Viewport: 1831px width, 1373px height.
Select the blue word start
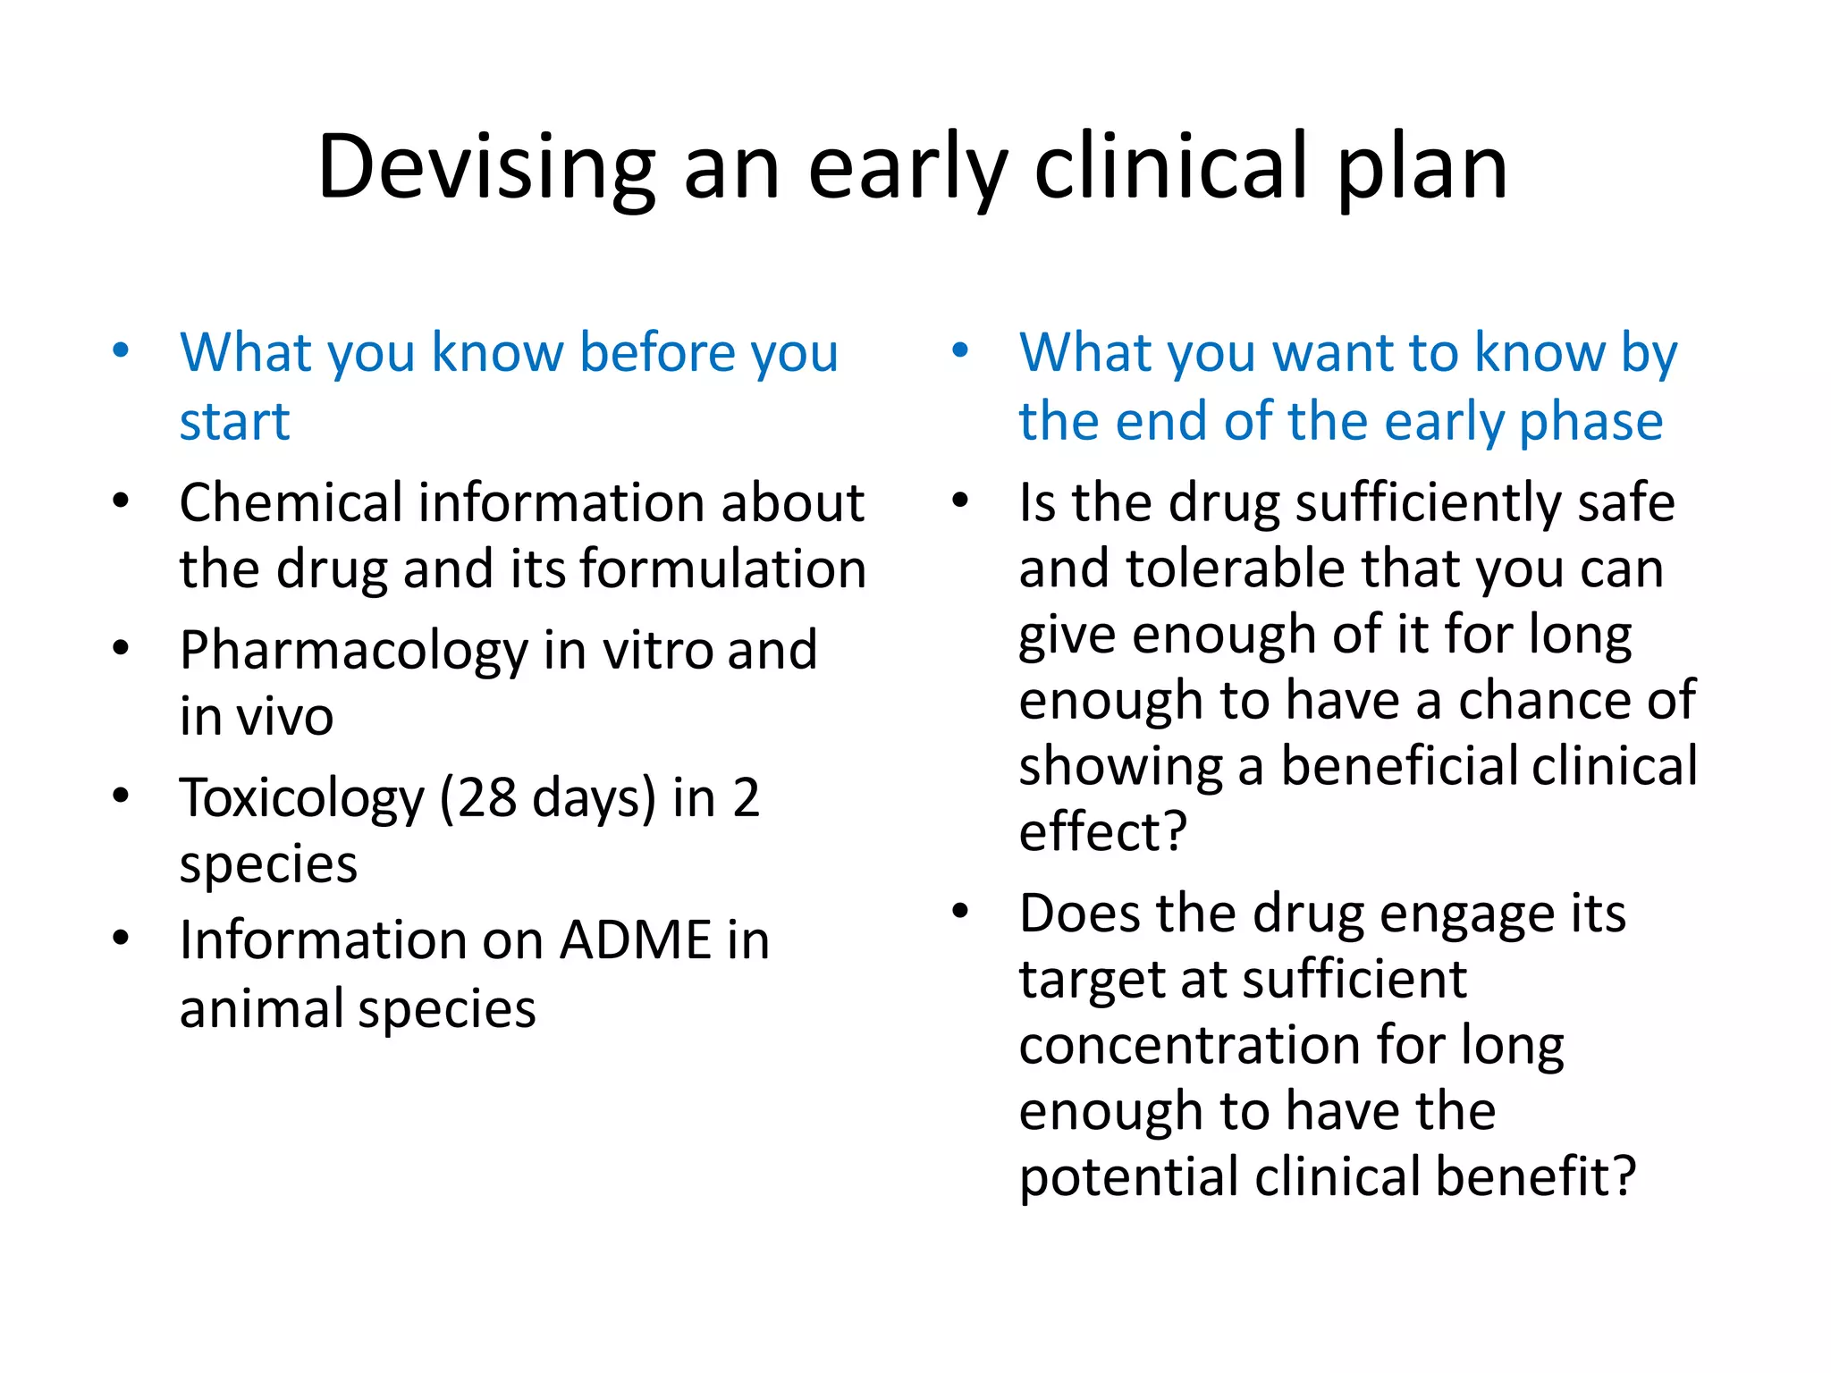pyautogui.click(x=234, y=422)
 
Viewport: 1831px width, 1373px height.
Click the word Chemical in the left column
pyautogui.click(x=290, y=502)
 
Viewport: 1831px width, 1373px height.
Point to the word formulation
pyautogui.click(x=723, y=569)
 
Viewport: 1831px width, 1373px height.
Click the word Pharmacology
pyautogui.click(x=353, y=651)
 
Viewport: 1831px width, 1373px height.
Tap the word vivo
pyautogui.click(x=284, y=717)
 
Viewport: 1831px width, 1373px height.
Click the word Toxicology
pyautogui.click(x=301, y=797)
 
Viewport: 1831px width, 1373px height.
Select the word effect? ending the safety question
pyautogui.click(x=1101, y=832)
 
